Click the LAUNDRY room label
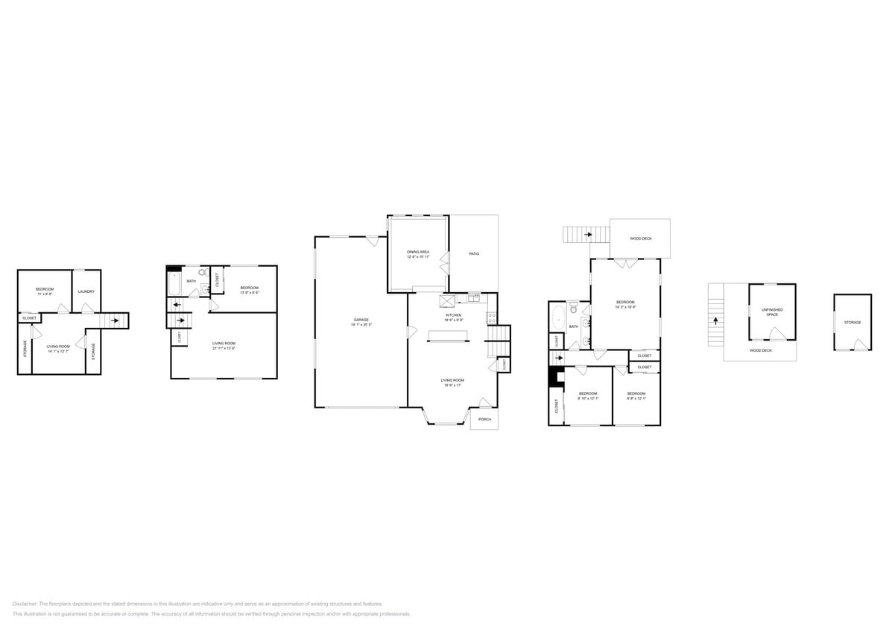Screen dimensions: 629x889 [x=86, y=291]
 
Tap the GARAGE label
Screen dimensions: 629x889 [x=361, y=320]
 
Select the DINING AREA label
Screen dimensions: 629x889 [x=418, y=252]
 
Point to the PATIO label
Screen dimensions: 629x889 [x=474, y=254]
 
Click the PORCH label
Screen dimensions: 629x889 [x=484, y=420]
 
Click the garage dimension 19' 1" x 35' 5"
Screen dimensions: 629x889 [x=361, y=325]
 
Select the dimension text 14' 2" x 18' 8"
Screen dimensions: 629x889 [x=624, y=306]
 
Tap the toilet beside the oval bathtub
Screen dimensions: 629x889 [x=573, y=310]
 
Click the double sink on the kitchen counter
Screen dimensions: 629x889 [x=474, y=298]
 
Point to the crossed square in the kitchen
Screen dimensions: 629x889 [x=448, y=300]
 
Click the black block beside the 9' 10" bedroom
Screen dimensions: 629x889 [x=554, y=376]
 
